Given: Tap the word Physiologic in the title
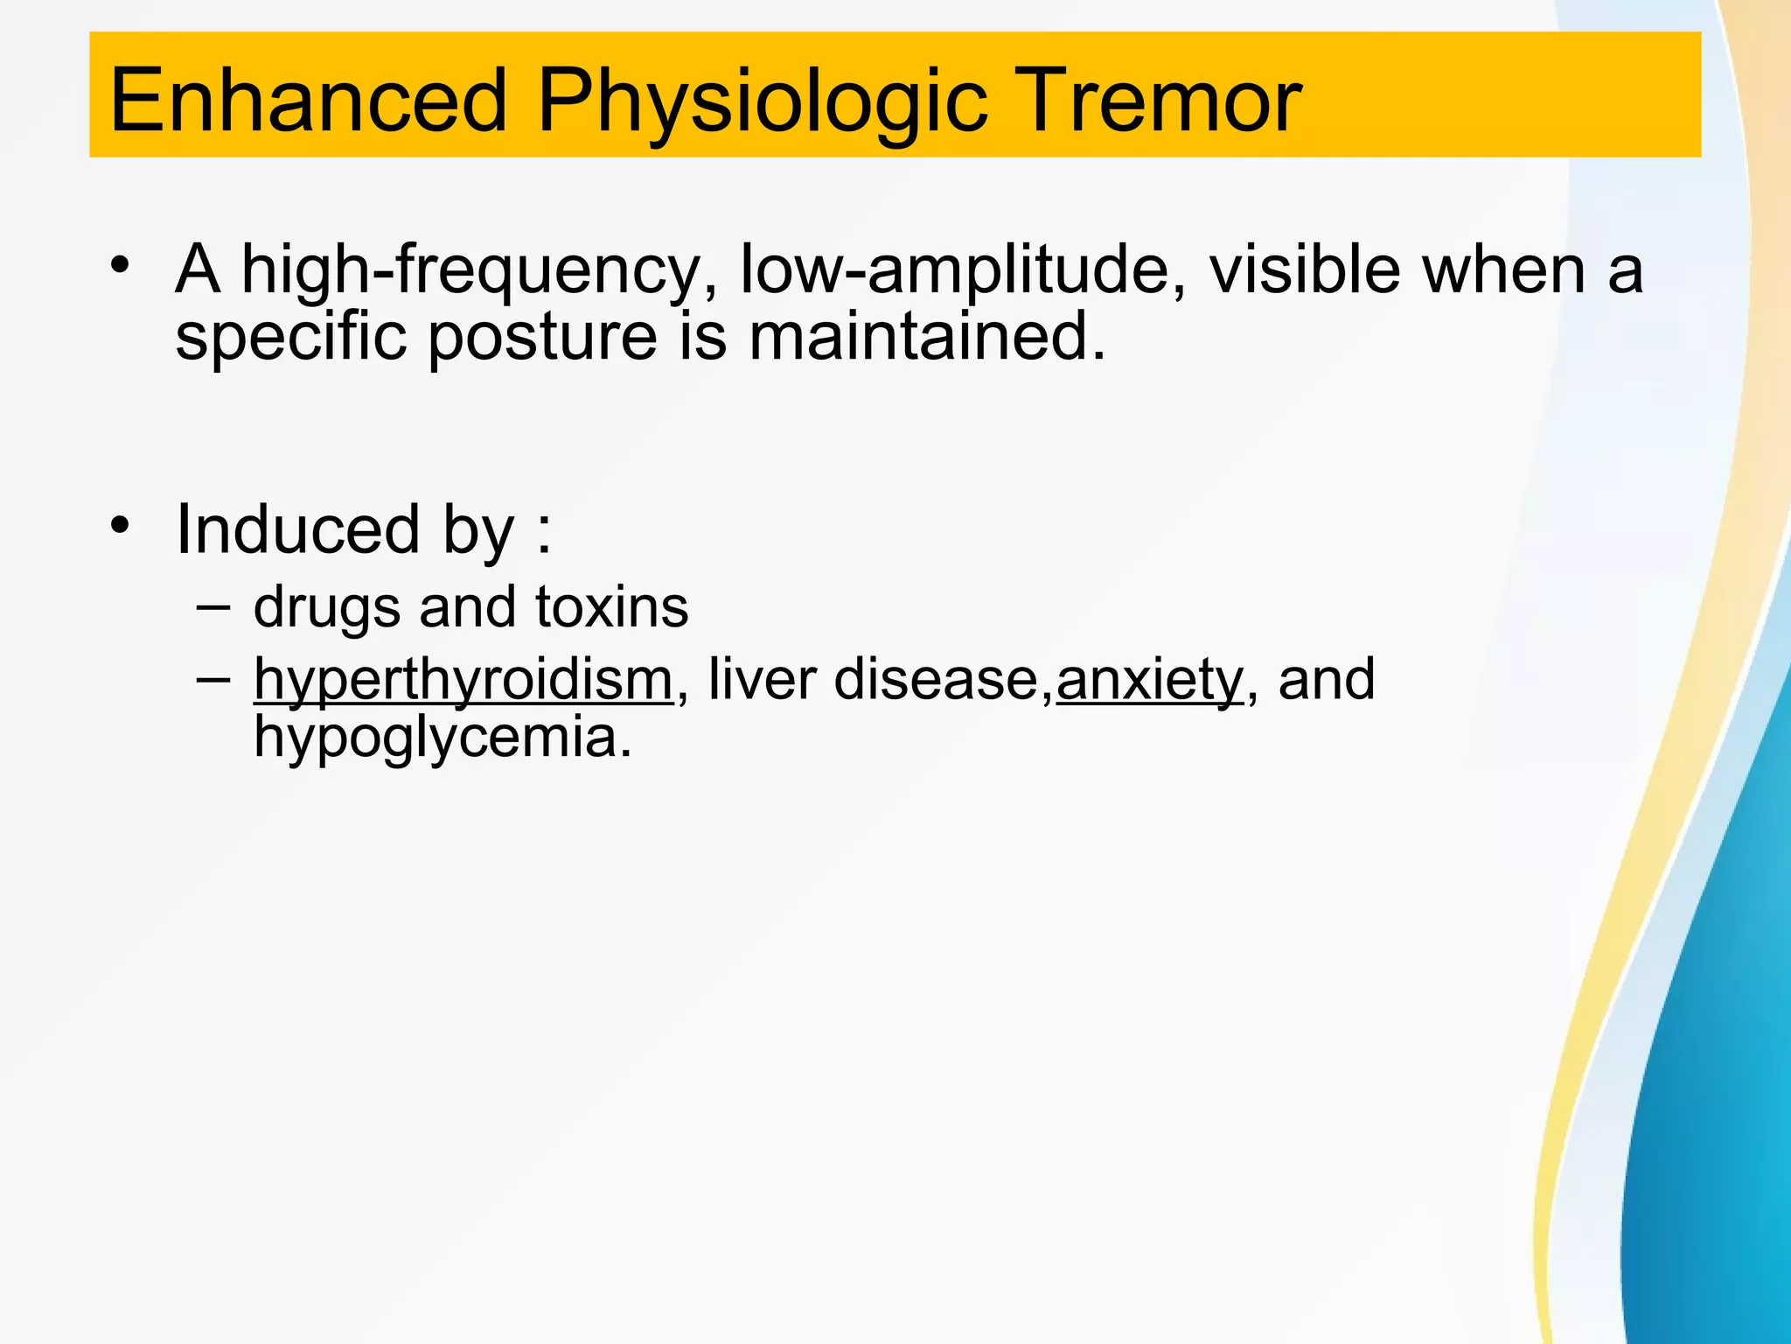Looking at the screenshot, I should point(762,103).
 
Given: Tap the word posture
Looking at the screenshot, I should point(542,339).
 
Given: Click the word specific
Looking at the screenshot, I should point(290,339).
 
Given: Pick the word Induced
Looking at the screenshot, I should point(297,529).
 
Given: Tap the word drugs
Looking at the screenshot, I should point(326,608).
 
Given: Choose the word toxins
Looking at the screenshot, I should point(611,606).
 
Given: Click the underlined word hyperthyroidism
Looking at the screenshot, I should point(463,680).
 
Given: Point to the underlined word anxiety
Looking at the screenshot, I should point(1149,680).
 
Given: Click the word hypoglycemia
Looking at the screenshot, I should point(442,738).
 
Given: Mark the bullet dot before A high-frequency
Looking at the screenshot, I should point(121,264).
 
